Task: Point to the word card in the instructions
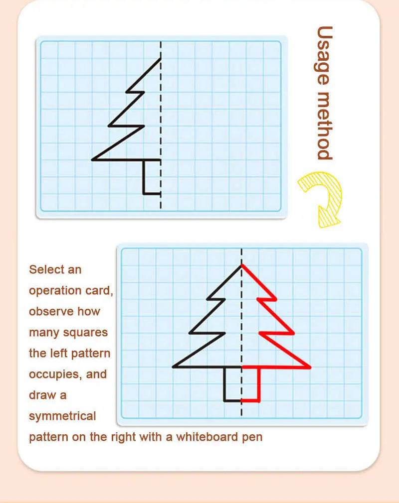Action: (x=102, y=290)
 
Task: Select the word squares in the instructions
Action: (x=90, y=332)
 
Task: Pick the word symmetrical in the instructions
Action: (x=62, y=416)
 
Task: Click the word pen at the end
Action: (x=253, y=438)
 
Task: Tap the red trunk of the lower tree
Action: (x=259, y=384)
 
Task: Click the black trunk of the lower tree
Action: (x=225, y=384)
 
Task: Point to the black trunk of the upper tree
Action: (x=144, y=177)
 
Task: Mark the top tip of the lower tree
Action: (x=242, y=265)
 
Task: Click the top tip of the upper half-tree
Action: (x=161, y=59)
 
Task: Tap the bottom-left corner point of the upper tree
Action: (x=92, y=160)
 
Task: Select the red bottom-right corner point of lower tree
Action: (x=310, y=368)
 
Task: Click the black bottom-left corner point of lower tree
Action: (x=173, y=367)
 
